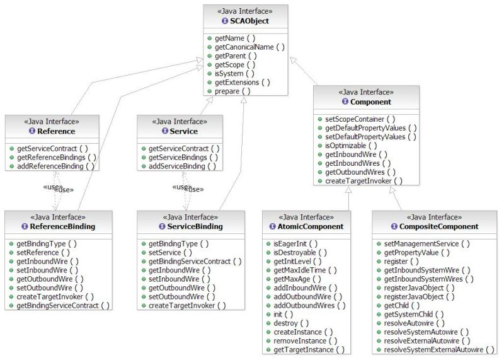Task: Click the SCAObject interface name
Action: tap(249, 21)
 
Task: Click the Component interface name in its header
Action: tap(370, 102)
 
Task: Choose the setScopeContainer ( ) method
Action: tap(360, 119)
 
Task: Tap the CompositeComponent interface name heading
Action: tap(437, 226)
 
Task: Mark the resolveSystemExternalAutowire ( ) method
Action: tap(439, 349)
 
